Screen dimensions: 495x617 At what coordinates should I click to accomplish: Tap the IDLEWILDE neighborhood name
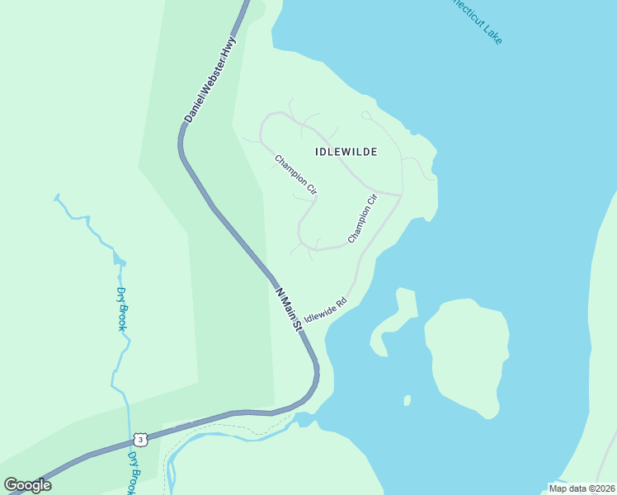(x=346, y=152)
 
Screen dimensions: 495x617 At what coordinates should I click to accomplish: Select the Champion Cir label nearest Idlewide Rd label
(x=362, y=218)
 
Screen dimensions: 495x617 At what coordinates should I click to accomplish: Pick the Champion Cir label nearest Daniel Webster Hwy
(x=295, y=175)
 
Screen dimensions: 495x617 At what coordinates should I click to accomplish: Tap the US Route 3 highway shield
(x=141, y=440)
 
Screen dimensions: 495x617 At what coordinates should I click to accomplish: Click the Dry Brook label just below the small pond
(x=121, y=308)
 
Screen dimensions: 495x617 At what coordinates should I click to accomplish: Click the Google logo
(x=27, y=485)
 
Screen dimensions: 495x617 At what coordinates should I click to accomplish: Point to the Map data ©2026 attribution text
(x=581, y=488)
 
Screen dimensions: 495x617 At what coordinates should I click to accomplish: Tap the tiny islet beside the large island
(x=407, y=401)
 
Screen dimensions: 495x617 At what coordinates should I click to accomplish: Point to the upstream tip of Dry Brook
(x=56, y=196)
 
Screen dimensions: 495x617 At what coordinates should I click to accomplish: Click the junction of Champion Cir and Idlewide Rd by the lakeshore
(x=401, y=196)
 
